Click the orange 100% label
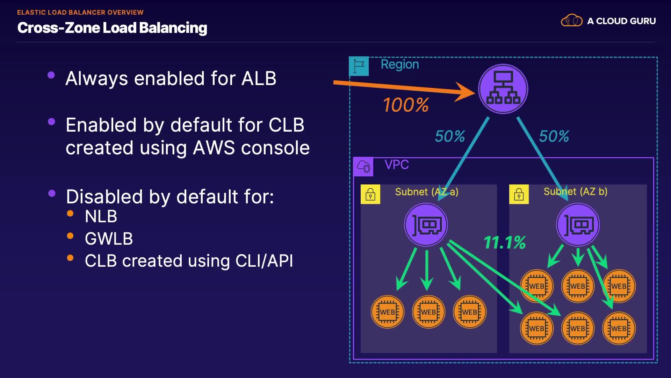click(x=406, y=105)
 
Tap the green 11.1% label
click(x=505, y=243)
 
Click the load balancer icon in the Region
click(x=503, y=89)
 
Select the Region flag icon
click(x=359, y=66)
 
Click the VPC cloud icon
click(x=363, y=167)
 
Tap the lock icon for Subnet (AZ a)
click(x=370, y=194)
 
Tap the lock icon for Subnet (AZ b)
click(x=519, y=194)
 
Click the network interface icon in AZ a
click(x=426, y=225)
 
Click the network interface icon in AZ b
click(x=578, y=225)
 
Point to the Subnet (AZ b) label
click(x=575, y=191)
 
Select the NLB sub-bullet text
click(x=101, y=216)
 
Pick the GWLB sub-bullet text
click(x=109, y=239)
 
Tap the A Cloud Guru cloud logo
click(x=571, y=21)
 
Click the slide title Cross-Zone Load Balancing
click(x=112, y=28)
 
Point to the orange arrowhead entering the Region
click(x=467, y=92)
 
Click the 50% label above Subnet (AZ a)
click(x=450, y=136)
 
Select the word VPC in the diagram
click(x=397, y=164)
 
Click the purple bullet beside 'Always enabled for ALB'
click(x=51, y=75)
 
